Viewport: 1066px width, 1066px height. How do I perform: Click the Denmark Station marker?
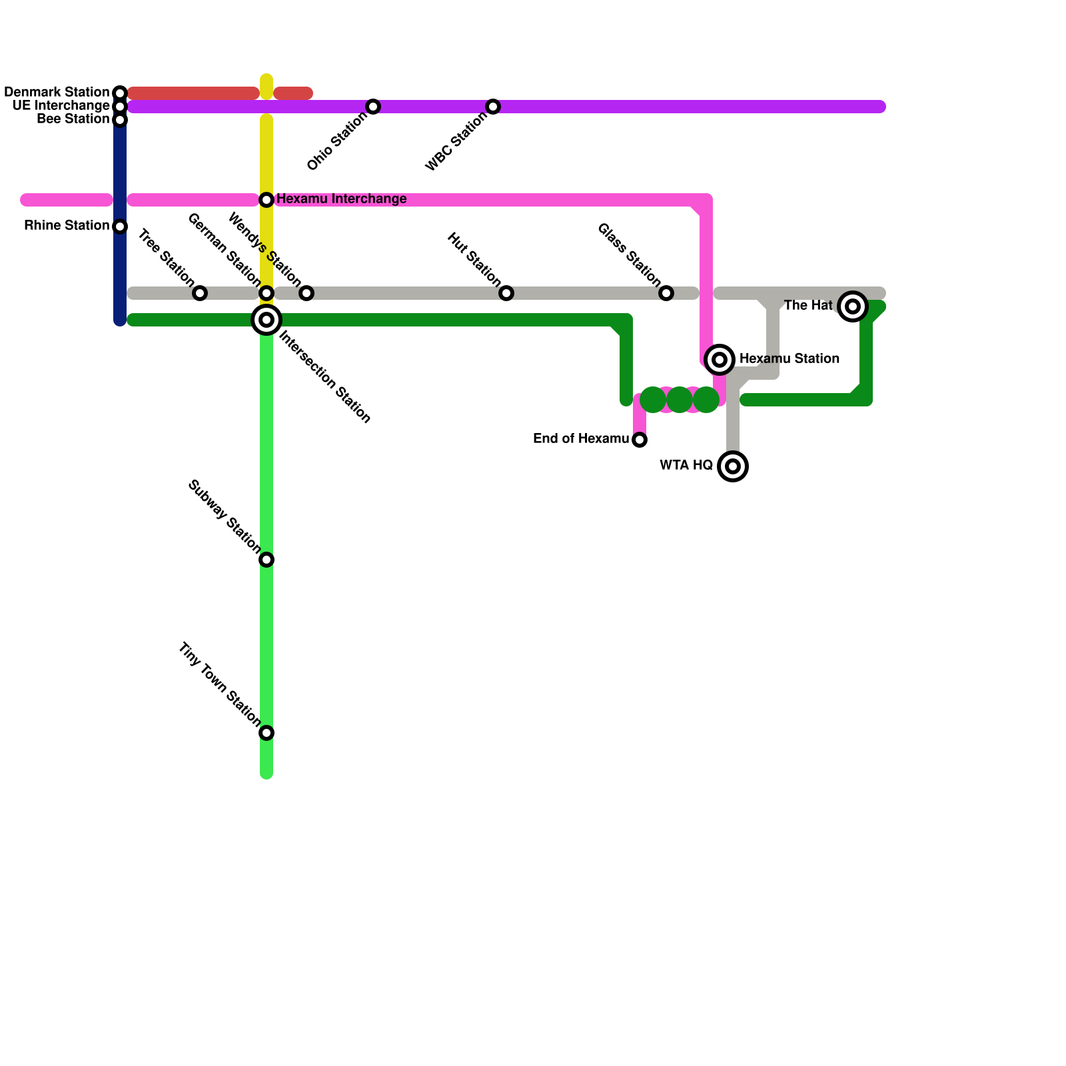point(120,93)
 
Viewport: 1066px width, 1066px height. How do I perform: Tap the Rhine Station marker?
point(120,227)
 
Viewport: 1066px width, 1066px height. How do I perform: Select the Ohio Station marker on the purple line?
point(373,107)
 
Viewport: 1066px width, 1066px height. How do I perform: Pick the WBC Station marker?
point(493,107)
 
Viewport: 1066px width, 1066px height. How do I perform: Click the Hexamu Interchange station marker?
point(266,200)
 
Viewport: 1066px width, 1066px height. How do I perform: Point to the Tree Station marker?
point(200,293)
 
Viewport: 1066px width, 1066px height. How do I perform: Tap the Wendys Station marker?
point(306,293)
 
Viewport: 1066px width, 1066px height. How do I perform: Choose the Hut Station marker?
point(506,293)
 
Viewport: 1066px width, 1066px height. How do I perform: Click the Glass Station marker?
point(666,293)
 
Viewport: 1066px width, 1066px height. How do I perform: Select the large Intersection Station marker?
point(266,320)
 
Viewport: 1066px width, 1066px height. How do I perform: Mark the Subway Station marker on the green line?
point(266,560)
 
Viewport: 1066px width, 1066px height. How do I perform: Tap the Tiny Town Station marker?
point(266,733)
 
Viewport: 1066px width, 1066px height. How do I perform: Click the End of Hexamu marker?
point(640,440)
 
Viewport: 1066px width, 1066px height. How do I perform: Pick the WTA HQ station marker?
point(733,466)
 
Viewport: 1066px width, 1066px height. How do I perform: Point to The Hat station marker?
point(853,306)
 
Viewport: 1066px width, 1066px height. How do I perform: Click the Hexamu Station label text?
point(790,359)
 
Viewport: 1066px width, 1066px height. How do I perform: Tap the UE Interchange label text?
point(61,106)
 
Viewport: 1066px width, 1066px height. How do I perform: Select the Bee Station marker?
point(120,120)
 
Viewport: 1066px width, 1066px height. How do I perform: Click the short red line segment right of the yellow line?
point(293,93)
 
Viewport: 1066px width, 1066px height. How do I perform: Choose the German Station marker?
point(266,293)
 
